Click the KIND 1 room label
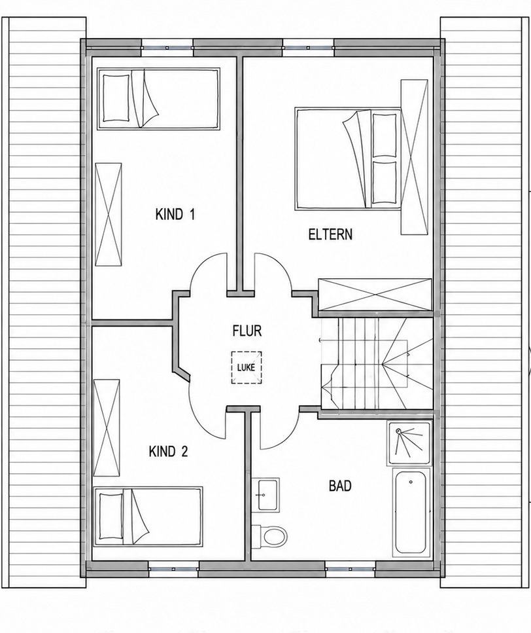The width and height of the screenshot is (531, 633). (175, 214)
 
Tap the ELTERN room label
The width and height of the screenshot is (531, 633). (330, 234)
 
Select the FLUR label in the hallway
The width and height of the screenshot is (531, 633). (247, 331)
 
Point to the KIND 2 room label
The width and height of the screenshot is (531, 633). (169, 451)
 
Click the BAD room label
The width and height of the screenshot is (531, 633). (340, 486)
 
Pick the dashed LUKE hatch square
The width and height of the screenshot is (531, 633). (247, 368)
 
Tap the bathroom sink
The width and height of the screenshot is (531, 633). (266, 495)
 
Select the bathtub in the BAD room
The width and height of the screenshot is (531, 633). (411, 513)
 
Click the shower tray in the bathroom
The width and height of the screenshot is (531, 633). (409, 443)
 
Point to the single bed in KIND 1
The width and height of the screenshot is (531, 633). (158, 99)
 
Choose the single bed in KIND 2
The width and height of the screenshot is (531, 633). (148, 516)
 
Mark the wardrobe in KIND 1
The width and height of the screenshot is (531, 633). (109, 214)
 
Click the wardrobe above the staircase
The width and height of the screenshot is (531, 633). (375, 295)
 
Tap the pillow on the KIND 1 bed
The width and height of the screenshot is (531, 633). (116, 98)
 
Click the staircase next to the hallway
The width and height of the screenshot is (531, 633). (376, 363)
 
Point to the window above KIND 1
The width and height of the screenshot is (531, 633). (167, 48)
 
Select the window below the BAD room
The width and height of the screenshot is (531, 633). (350, 570)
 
